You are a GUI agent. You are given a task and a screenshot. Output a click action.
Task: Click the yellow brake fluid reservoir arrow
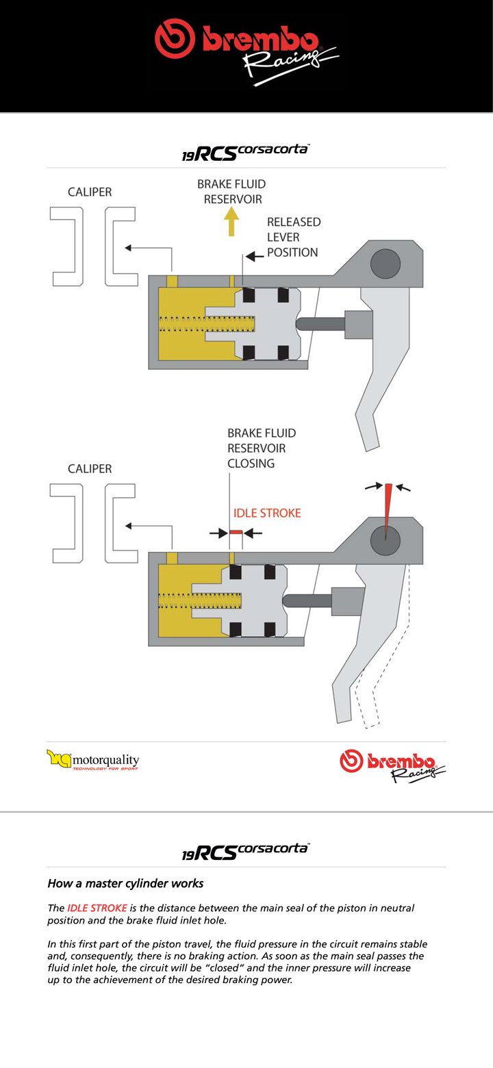coord(231,223)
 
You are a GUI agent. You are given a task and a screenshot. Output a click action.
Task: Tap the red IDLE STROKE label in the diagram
coord(267,513)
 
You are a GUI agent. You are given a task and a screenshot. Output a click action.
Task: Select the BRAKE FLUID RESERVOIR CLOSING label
coord(262,448)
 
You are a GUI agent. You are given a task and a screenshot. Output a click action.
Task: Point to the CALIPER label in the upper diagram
coord(90,192)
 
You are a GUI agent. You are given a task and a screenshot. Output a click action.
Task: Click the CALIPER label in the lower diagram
coord(90,469)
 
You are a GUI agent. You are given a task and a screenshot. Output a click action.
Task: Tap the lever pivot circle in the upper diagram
coord(385,264)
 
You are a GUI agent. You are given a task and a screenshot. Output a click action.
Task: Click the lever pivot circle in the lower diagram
coord(385,541)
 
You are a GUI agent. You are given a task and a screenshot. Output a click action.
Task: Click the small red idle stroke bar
coord(236,532)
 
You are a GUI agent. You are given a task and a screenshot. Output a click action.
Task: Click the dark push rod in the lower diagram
coord(307,601)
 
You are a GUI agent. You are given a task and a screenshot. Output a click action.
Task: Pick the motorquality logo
coord(93,759)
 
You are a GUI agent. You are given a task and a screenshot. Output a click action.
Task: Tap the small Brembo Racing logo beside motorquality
coord(393,765)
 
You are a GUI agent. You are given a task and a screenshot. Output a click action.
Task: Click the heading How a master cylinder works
coord(125,883)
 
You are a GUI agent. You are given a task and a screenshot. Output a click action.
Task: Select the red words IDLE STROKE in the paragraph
coord(97,908)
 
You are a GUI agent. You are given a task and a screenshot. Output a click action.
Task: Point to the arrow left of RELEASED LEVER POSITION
coord(255,257)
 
